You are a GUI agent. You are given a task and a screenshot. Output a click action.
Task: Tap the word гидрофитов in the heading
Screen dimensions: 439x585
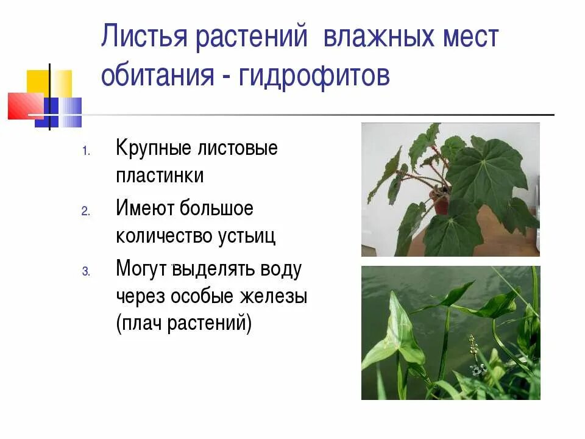point(314,77)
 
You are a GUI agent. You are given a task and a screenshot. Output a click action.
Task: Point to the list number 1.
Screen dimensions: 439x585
point(86,150)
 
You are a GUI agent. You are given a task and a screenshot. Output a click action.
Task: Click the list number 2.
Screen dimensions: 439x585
point(86,211)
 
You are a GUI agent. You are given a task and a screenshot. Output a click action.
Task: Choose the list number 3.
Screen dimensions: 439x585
point(86,272)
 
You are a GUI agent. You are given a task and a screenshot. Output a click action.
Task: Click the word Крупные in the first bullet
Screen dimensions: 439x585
point(153,148)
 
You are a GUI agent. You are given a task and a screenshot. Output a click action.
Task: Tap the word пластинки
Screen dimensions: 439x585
point(160,176)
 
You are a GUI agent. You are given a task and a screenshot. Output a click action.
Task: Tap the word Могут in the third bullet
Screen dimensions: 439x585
point(141,269)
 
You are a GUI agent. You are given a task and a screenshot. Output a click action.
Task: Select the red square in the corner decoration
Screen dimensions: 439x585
point(22,105)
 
